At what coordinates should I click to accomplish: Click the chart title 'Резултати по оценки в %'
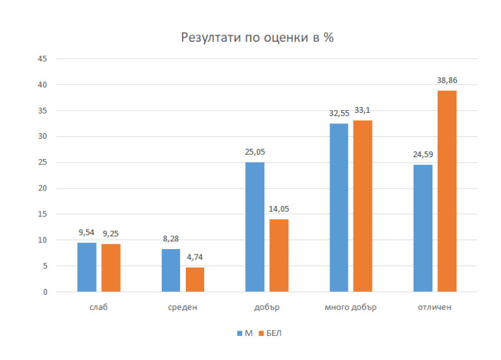click(x=257, y=38)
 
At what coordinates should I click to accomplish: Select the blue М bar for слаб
click(x=87, y=267)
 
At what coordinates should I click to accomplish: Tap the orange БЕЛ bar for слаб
click(x=111, y=268)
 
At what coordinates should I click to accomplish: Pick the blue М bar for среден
click(x=171, y=271)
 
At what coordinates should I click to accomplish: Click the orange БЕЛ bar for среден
click(x=195, y=280)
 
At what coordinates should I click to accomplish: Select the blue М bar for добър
click(x=255, y=227)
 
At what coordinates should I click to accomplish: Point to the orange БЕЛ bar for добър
click(x=279, y=256)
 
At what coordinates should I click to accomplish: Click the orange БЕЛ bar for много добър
click(x=363, y=206)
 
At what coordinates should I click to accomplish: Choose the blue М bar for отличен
click(x=423, y=228)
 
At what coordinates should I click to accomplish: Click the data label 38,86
click(x=448, y=80)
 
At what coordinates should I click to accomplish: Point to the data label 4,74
click(x=195, y=257)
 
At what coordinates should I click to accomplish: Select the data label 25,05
click(x=254, y=152)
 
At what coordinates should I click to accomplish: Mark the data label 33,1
click(x=363, y=110)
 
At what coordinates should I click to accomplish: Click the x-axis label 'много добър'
click(x=351, y=307)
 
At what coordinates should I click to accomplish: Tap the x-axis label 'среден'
click(x=183, y=307)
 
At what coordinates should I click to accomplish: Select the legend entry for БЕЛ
click(x=270, y=333)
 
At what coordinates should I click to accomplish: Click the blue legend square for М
click(x=239, y=333)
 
